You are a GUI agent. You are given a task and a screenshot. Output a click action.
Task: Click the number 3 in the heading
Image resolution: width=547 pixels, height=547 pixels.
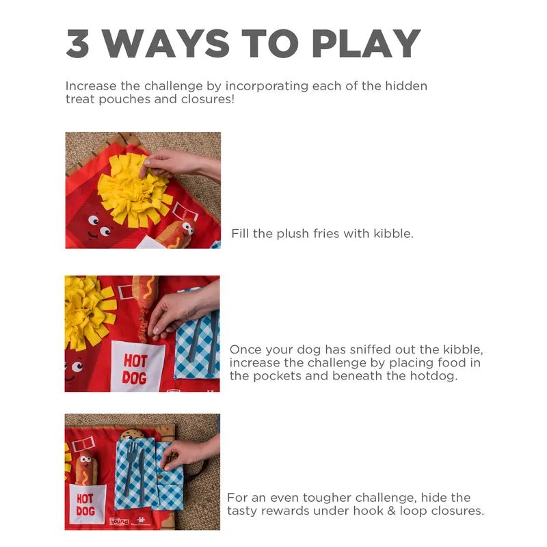[x=79, y=43]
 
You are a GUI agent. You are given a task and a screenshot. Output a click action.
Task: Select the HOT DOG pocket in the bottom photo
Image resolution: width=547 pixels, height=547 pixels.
[x=85, y=505]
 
